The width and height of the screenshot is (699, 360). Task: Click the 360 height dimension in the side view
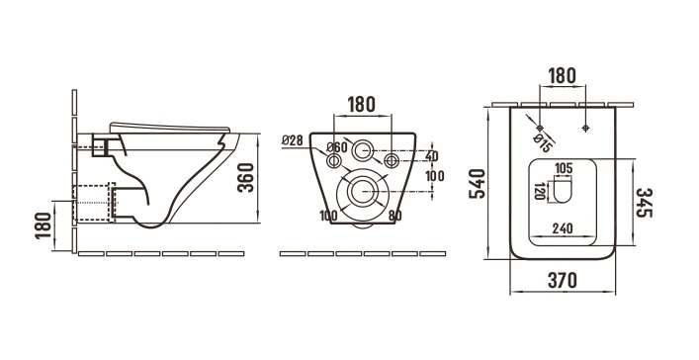[245, 178]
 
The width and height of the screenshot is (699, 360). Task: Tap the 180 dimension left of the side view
[44, 225]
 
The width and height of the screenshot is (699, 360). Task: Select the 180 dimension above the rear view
[362, 105]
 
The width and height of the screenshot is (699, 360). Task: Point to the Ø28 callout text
[293, 140]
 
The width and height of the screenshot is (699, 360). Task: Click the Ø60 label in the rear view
[336, 146]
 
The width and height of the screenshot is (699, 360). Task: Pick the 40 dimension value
[431, 156]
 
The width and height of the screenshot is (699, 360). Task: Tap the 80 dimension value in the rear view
[394, 216]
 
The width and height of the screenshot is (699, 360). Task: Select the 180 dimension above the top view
[562, 76]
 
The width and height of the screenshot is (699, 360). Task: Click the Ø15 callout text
[543, 143]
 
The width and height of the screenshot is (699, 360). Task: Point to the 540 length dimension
[478, 183]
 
